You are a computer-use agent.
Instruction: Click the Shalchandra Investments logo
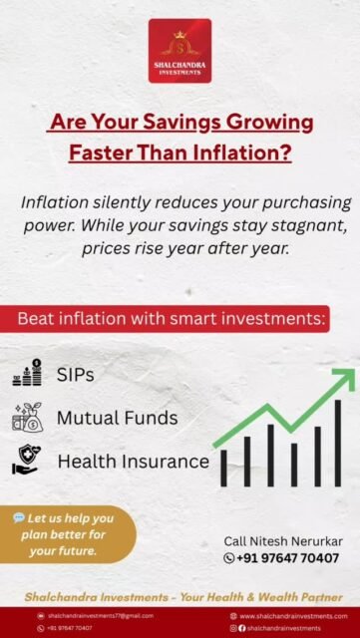point(180,50)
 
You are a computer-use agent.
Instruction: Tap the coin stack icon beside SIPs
point(27,373)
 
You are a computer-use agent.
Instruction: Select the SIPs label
point(77,374)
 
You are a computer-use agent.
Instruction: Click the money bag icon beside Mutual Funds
point(27,417)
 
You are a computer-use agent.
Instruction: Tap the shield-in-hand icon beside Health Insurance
point(27,461)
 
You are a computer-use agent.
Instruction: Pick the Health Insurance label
point(133,462)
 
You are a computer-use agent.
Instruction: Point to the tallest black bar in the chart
point(338,443)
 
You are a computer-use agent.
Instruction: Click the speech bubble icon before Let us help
point(19,518)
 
